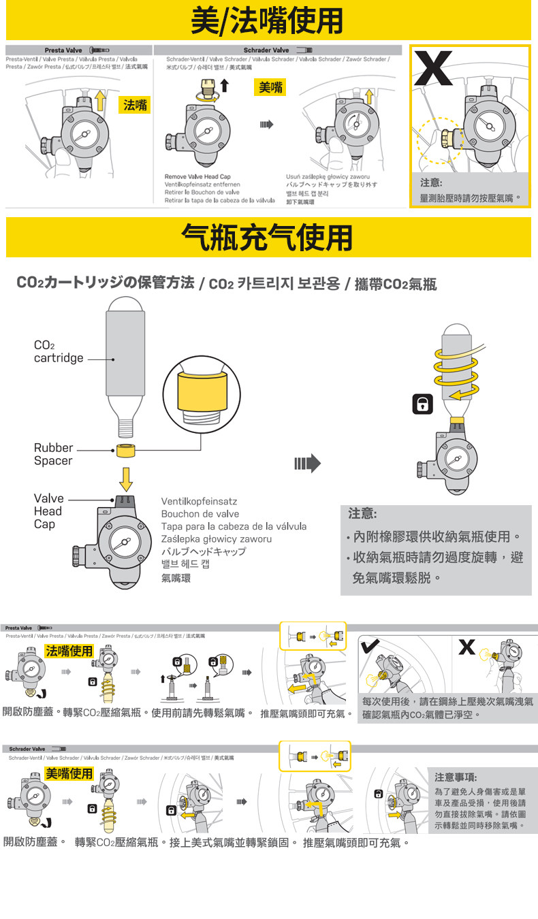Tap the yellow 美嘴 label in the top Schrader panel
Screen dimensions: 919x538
270,87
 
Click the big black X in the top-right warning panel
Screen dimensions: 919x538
434,67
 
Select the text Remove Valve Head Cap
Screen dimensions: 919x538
197,177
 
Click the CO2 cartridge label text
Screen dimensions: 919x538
59,352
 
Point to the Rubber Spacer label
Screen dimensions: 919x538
53,454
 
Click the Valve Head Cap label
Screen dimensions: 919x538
48,511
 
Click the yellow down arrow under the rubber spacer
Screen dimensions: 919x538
125,479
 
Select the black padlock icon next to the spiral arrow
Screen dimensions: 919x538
423,404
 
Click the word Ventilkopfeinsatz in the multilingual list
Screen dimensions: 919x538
200,501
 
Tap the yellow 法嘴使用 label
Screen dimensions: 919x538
69,651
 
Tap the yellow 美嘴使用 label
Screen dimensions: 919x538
69,773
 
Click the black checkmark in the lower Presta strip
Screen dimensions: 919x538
370,646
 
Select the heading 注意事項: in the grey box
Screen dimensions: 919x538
456,777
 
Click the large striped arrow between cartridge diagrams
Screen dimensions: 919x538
307,464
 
